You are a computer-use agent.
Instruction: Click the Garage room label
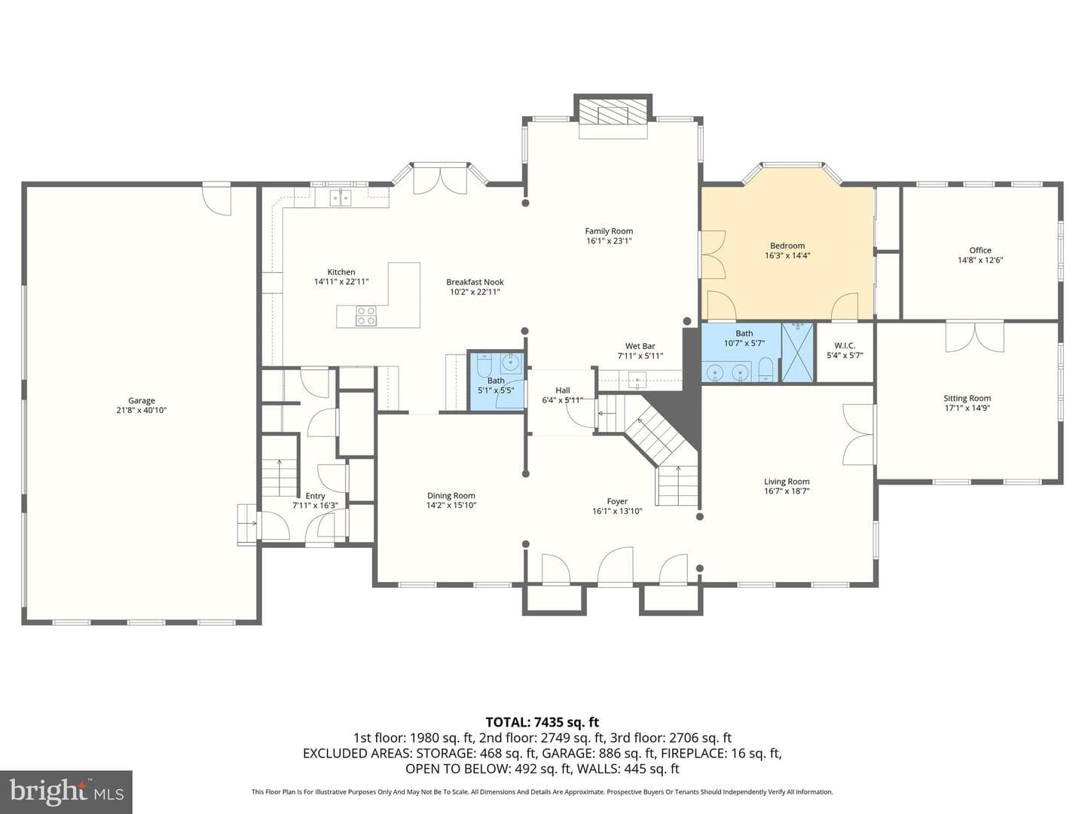(142, 400)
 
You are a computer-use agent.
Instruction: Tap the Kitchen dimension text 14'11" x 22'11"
(341, 282)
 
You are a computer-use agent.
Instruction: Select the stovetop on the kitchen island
(365, 316)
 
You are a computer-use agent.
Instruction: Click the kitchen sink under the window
(341, 197)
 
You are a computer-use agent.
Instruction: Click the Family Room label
(609, 231)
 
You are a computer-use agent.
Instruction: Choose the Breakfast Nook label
(475, 282)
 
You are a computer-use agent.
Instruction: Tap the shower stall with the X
(797, 352)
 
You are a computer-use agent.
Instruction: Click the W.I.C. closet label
(845, 345)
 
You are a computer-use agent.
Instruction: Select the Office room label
(980, 250)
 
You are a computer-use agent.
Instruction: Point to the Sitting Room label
(967, 398)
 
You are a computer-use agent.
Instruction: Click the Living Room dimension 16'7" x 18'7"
(787, 491)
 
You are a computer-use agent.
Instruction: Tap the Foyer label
(617, 501)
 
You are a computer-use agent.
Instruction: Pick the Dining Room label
(451, 495)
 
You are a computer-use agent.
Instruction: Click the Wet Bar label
(640, 346)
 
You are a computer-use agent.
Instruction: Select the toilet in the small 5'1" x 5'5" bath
(483, 365)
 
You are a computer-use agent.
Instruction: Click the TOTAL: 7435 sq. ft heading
(542, 722)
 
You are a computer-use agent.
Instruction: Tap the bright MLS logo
(66, 791)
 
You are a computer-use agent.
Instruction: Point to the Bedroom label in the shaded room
(787, 246)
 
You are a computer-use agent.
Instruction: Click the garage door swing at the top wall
(218, 199)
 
